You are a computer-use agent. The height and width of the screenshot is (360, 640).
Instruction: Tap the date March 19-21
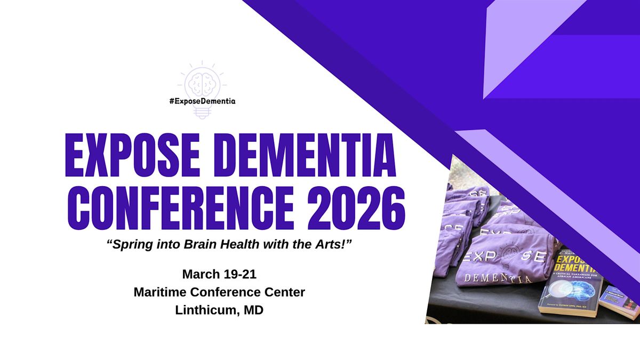[219, 274]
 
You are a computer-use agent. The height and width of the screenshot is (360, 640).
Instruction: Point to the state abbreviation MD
[252, 310]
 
